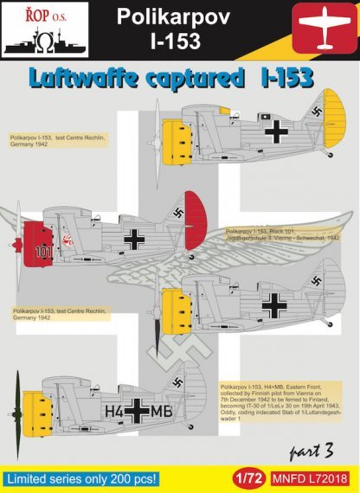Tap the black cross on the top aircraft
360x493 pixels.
(x=275, y=131)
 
